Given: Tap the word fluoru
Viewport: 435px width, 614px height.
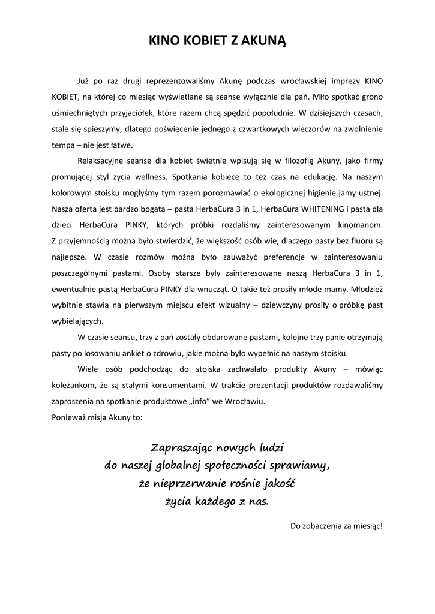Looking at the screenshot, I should (x=350, y=242).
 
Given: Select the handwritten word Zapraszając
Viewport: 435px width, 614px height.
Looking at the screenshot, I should (x=181, y=448).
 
